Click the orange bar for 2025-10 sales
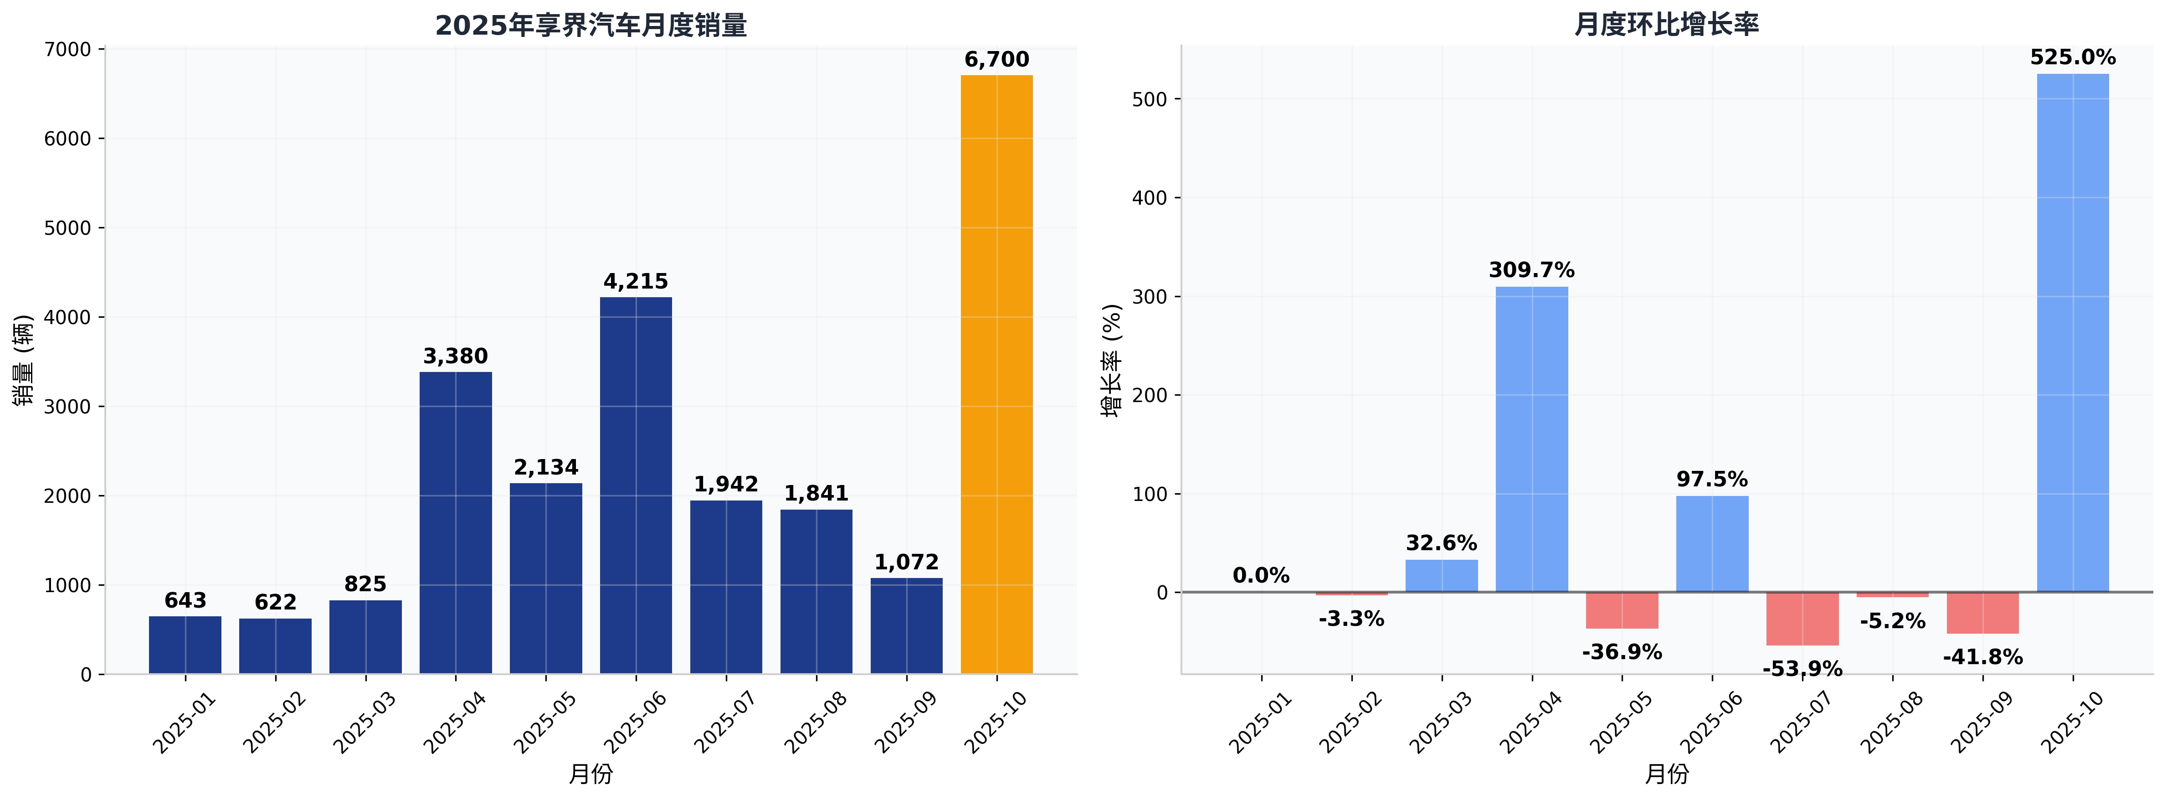point(997,374)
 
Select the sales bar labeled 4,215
point(636,485)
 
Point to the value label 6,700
point(997,60)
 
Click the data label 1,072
point(906,562)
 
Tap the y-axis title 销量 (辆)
point(24,360)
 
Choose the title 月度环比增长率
point(1666,25)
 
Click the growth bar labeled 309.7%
point(1532,439)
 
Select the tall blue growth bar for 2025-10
point(2073,333)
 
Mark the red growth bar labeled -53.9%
point(1803,619)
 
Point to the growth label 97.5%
point(1712,480)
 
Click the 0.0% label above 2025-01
point(1261,575)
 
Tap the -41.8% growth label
point(1983,657)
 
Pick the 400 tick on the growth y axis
point(1150,198)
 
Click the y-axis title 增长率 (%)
point(1112,360)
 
